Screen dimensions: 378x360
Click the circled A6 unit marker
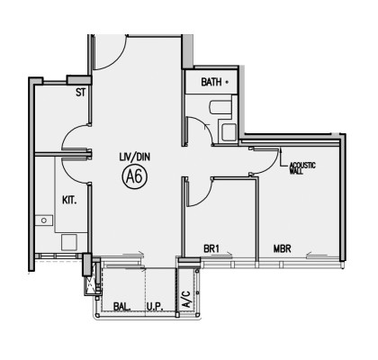135,176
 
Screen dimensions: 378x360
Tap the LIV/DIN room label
134,157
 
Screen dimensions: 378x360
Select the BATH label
211,82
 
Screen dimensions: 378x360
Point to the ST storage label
80,93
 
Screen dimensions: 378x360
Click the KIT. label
69,200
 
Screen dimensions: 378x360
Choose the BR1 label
211,248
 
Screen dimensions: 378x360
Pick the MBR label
282,248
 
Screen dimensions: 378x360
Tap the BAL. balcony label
122,307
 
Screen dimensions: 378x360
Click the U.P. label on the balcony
155,307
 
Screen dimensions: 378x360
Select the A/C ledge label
186,299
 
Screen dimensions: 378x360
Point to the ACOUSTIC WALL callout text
302,168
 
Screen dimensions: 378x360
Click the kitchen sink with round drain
44,220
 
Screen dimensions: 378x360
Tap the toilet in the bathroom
220,107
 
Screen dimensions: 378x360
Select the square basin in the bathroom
229,131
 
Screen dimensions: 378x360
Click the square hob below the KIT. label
69,242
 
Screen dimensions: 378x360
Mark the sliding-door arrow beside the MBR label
317,256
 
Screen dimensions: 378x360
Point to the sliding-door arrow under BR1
221,256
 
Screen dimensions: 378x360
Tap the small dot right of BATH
227,82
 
